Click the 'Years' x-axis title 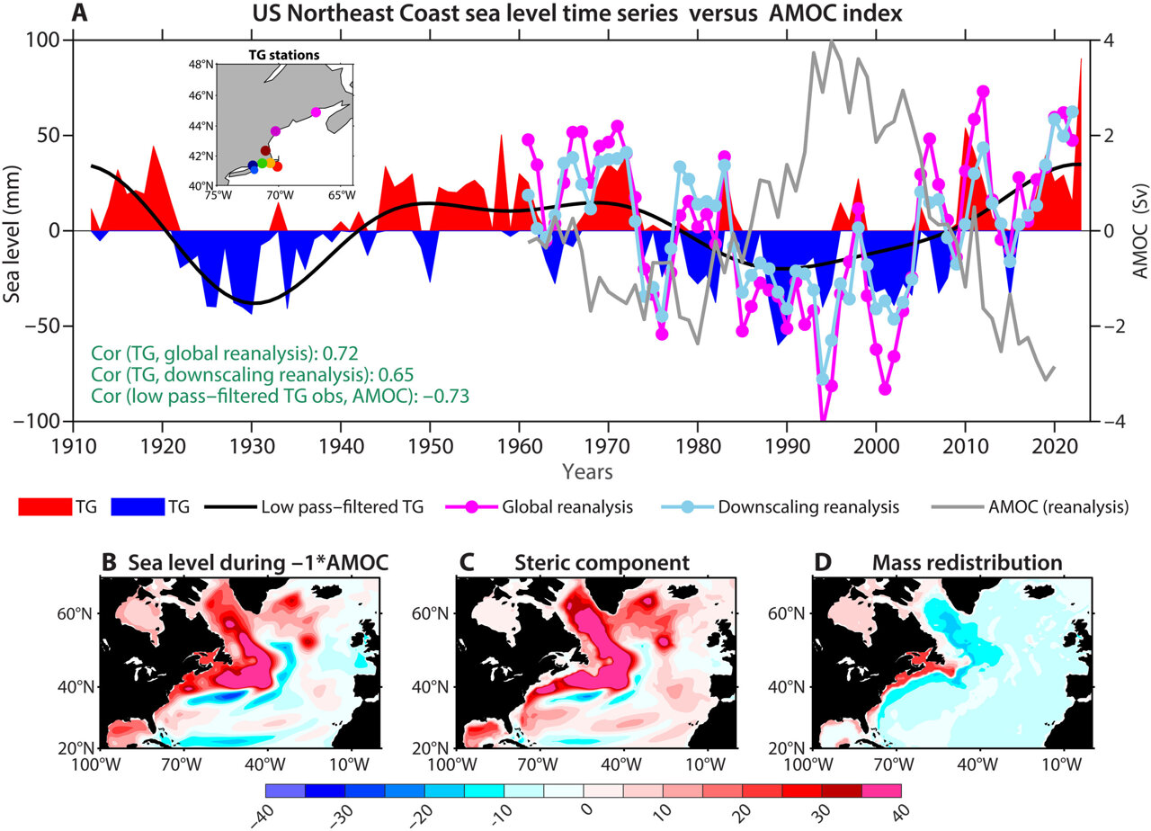(589, 470)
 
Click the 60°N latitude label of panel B (74, 614)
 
